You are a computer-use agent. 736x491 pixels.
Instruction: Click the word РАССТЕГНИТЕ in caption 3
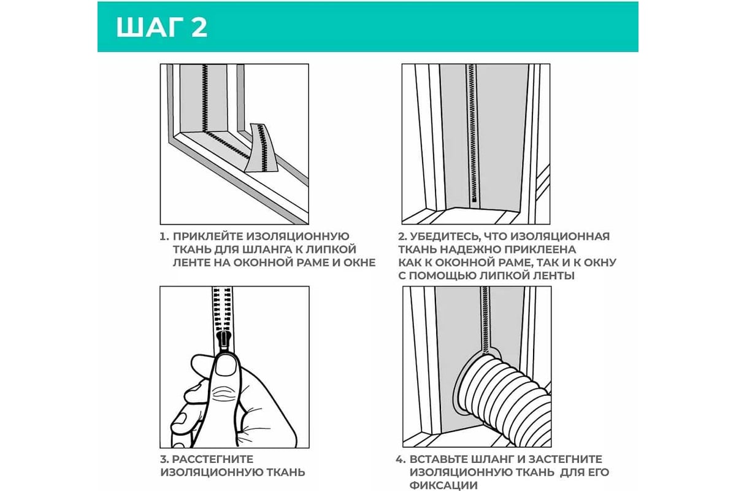[213, 459]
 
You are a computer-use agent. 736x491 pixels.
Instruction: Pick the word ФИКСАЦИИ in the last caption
[443, 485]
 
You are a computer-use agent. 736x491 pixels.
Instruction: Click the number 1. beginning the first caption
[164, 236]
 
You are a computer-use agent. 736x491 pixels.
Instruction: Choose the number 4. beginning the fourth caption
[401, 459]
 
